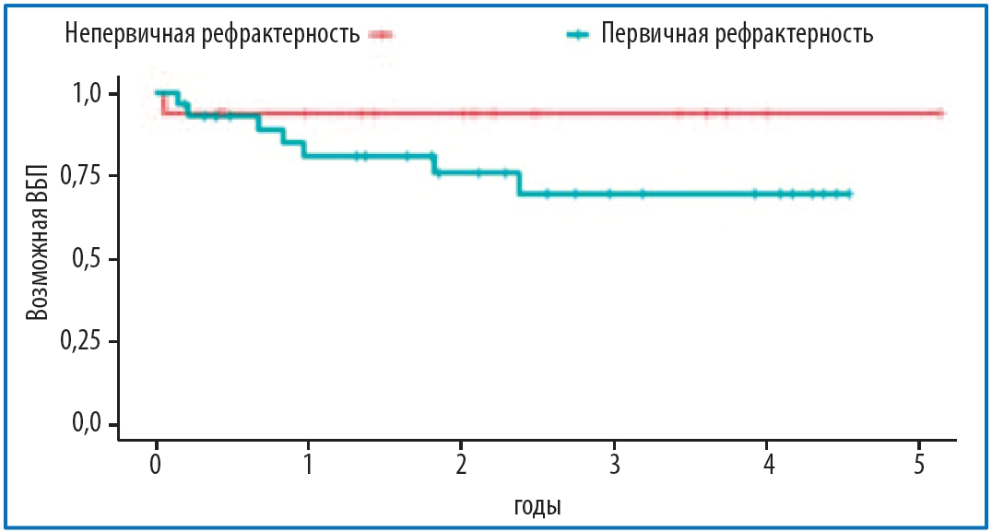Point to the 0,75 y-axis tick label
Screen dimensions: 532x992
(x=89, y=176)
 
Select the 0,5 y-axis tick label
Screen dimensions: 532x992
(x=95, y=259)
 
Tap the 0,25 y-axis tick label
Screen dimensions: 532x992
(x=89, y=341)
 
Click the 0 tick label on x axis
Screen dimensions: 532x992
(x=157, y=462)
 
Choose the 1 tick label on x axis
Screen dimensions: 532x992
(x=308, y=462)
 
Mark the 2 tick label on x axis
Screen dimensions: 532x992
(x=461, y=462)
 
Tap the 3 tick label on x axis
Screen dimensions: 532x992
(x=613, y=462)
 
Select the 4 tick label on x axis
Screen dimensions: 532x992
(x=766, y=462)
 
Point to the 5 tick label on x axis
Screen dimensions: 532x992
(x=918, y=462)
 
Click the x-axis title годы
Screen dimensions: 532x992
(x=537, y=505)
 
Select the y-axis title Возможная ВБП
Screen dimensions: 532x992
(x=36, y=259)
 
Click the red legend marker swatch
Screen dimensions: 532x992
(x=381, y=35)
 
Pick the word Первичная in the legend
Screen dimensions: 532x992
(x=652, y=35)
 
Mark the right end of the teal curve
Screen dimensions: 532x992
(x=850, y=194)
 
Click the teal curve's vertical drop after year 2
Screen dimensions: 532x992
(x=520, y=183)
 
